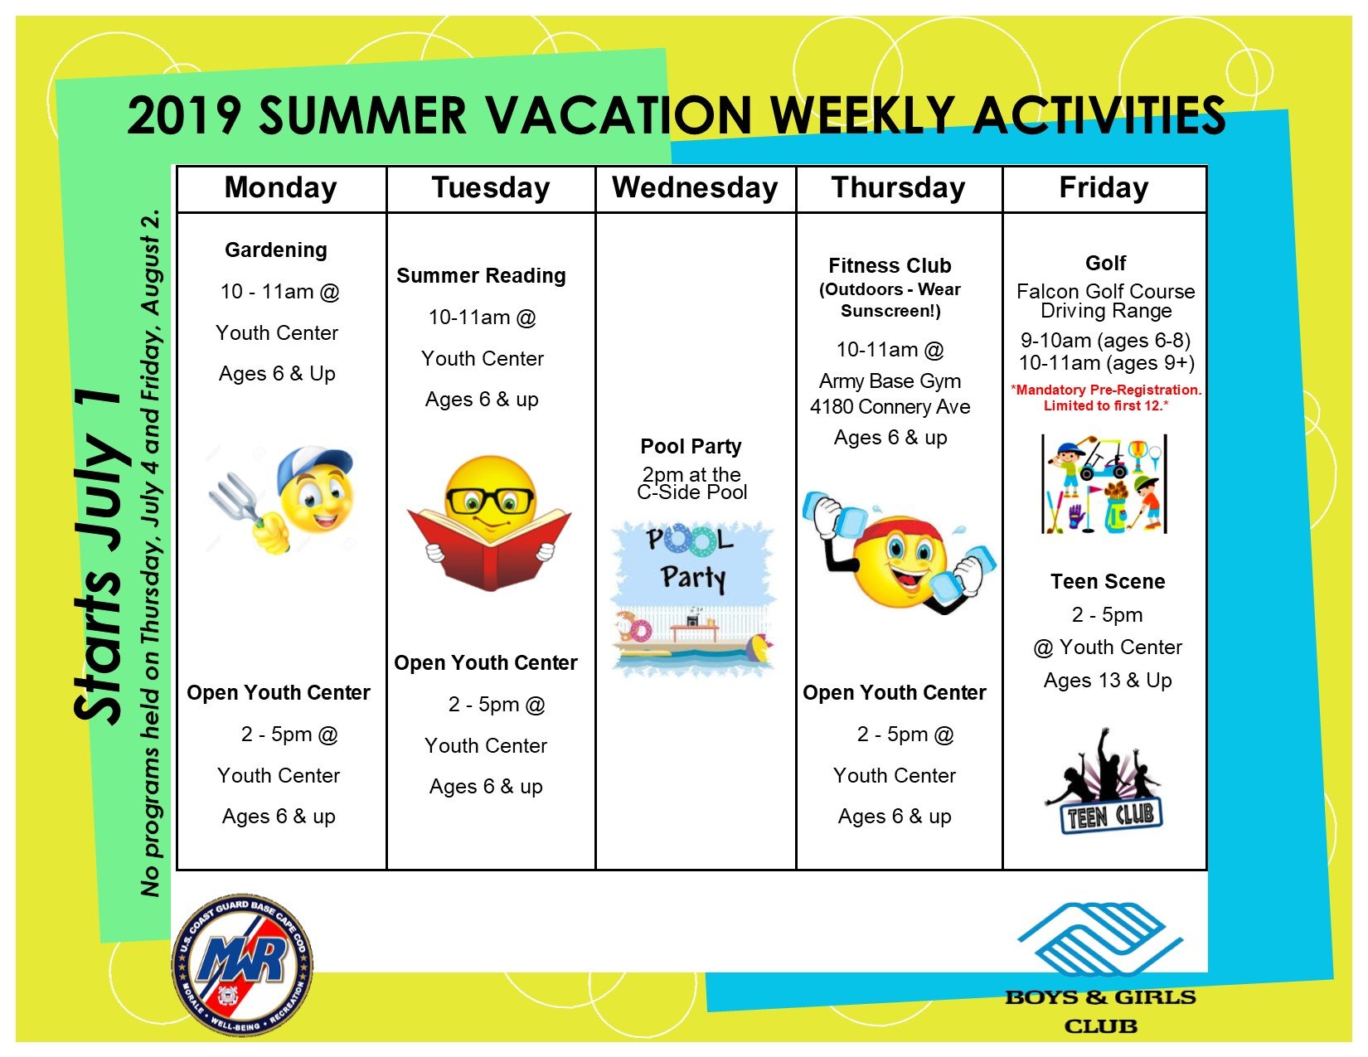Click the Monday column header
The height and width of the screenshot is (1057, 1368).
281,187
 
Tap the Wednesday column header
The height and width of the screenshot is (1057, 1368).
695,187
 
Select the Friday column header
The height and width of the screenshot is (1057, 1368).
1104,187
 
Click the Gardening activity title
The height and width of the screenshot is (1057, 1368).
276,250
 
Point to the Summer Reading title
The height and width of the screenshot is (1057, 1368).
481,276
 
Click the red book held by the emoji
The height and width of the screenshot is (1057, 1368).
489,549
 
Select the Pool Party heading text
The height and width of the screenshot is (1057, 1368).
691,446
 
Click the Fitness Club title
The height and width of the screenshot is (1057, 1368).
890,265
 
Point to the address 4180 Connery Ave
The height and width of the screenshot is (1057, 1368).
890,407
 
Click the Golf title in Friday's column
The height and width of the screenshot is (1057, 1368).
1105,263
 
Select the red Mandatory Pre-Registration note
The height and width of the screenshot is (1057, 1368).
1106,397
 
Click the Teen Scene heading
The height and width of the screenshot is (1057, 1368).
1108,582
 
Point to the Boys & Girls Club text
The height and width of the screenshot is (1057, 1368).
1100,1011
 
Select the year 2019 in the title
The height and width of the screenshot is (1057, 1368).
183,116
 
